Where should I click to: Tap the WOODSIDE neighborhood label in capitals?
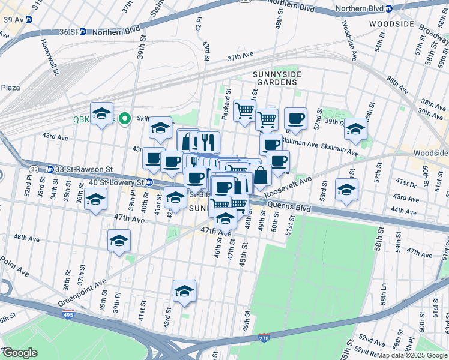pos(391,24)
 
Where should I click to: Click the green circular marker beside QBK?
pos(125,119)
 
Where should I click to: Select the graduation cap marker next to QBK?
pos(102,113)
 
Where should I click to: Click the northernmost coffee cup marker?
pos(295,118)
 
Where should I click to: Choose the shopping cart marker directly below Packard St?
pos(244,110)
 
